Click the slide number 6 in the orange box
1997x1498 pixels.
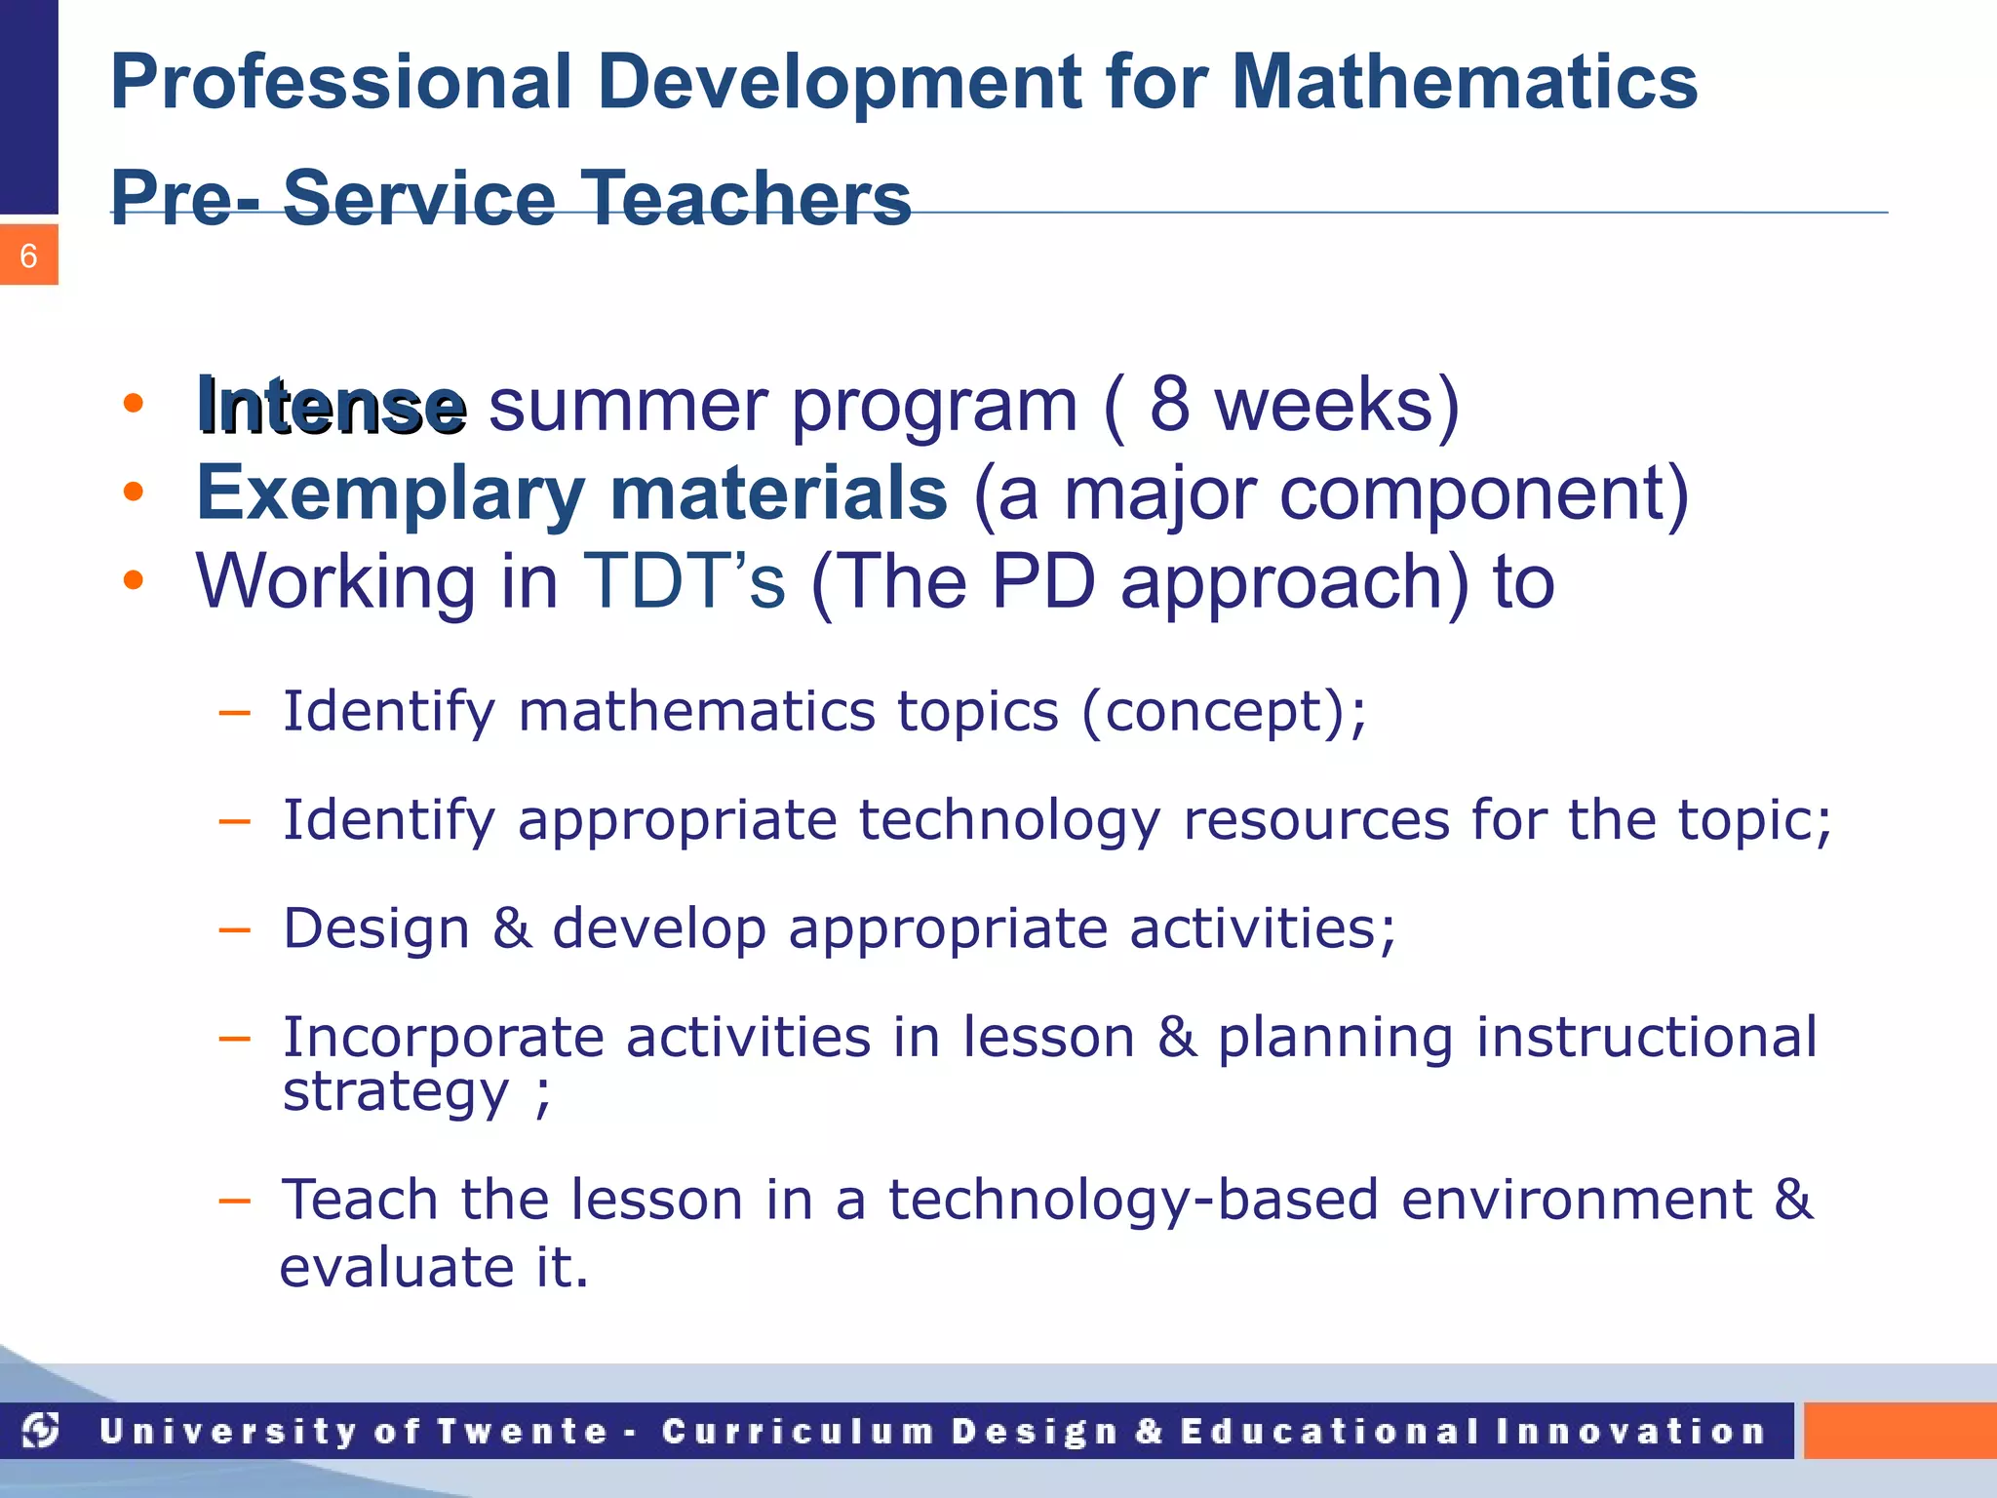click(x=28, y=256)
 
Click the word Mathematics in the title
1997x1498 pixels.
click(x=1464, y=82)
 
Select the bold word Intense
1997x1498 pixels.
click(x=331, y=405)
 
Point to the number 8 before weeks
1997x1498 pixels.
click(x=1169, y=405)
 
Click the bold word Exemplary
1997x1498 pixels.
click(x=390, y=493)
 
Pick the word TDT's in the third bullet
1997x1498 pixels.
click(x=683, y=581)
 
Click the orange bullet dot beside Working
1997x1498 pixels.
click(x=134, y=581)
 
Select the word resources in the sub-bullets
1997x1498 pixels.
click(x=1315, y=819)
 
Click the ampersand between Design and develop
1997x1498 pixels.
click(x=512, y=927)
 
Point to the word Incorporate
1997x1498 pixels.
click(x=442, y=1037)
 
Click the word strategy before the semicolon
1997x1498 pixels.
click(x=395, y=1091)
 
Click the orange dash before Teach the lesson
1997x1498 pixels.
click(x=234, y=1200)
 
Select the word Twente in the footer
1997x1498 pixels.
click(x=523, y=1432)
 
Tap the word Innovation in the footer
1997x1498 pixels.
click(x=1630, y=1432)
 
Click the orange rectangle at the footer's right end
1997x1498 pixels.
click(x=1899, y=1431)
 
